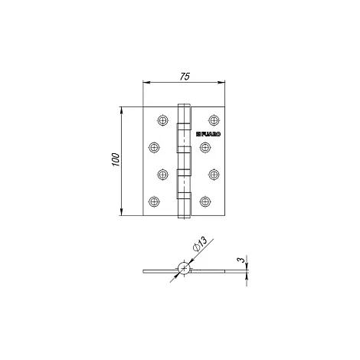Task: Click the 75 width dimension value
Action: coord(185,77)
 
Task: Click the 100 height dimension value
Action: coord(116,160)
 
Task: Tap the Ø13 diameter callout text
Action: coord(200,244)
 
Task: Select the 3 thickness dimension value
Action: coord(241,260)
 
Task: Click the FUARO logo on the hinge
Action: coord(208,134)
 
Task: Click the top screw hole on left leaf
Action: coord(162,120)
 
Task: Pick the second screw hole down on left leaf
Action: coord(154,147)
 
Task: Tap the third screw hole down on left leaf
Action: coord(162,175)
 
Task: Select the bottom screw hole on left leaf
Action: coord(154,201)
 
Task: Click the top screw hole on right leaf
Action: coord(214,120)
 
